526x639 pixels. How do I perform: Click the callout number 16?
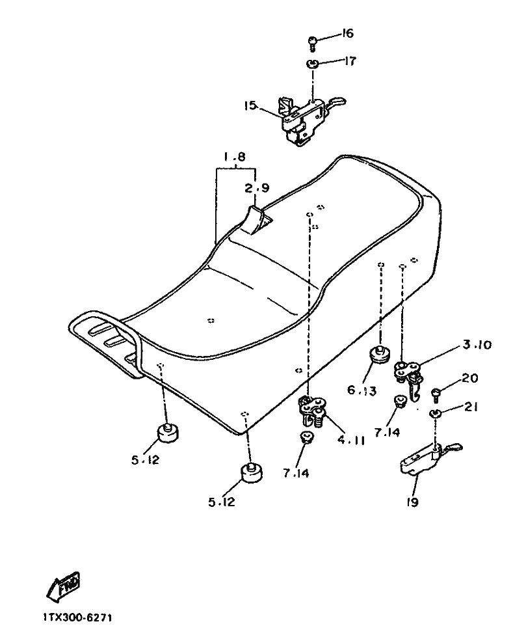point(347,33)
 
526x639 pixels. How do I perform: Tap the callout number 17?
point(350,61)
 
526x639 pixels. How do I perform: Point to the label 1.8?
point(235,157)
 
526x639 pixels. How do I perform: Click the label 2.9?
point(257,188)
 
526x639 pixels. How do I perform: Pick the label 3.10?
point(477,345)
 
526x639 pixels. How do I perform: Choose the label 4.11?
point(351,440)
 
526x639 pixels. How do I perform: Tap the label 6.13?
point(362,390)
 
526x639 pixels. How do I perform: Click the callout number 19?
point(412,502)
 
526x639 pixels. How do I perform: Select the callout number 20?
point(470,378)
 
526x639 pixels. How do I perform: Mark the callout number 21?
point(471,407)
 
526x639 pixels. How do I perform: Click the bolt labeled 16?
point(312,44)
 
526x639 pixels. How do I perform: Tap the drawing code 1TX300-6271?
point(77,618)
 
